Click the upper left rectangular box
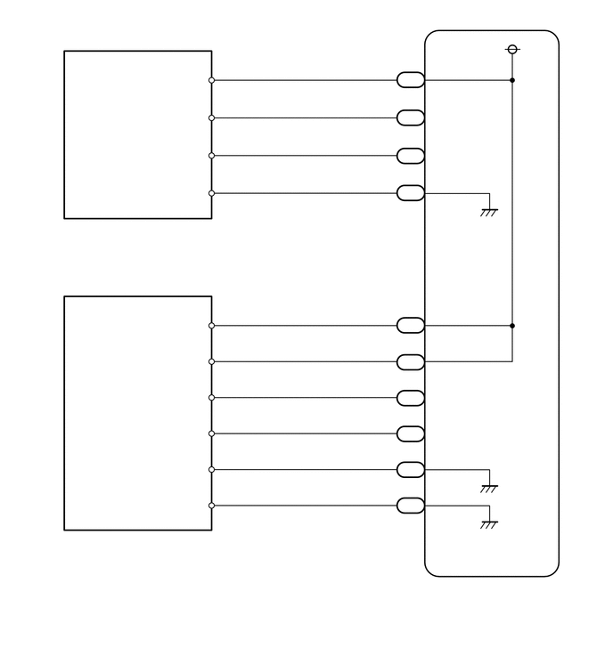(x=137, y=134)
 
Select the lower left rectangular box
(x=137, y=413)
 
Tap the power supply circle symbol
(x=511, y=49)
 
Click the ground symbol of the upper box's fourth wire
(x=488, y=211)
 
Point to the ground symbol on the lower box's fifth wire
(x=488, y=488)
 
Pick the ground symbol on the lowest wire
(x=488, y=524)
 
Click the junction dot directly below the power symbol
(x=511, y=80)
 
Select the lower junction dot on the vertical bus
(x=511, y=326)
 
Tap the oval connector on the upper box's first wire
(x=410, y=80)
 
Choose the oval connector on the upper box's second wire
(x=410, y=117)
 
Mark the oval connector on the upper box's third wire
(x=410, y=156)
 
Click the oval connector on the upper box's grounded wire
(x=410, y=193)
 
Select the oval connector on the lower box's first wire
(x=410, y=326)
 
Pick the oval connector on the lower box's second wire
(x=410, y=361)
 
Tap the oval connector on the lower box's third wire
(x=410, y=398)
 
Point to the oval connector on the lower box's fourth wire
(x=410, y=433)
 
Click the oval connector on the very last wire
(x=410, y=506)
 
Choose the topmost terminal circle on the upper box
(x=211, y=80)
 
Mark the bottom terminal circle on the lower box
(x=211, y=506)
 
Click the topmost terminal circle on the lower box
(x=211, y=326)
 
